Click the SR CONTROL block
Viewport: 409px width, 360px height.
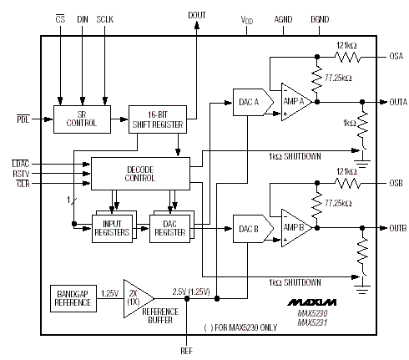click(x=82, y=119)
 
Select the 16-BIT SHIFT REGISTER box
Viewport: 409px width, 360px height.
click(x=158, y=119)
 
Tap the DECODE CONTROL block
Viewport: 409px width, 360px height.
click(x=140, y=174)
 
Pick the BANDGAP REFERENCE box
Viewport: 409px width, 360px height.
click(x=73, y=298)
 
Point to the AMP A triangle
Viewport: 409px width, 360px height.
click(x=296, y=102)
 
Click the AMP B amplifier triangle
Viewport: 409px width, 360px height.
click(x=296, y=228)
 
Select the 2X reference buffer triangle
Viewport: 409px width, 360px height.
click(x=139, y=298)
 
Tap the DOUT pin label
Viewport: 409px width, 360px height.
click(x=197, y=15)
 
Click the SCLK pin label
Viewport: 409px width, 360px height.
click(x=105, y=19)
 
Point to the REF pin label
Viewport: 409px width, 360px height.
click(x=186, y=351)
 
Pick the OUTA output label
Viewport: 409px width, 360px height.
click(x=398, y=102)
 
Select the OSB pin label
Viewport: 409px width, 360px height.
click(x=396, y=183)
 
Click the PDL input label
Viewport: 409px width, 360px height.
click(x=23, y=119)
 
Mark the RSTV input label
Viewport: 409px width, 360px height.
click(x=21, y=174)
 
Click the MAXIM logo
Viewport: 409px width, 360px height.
click(x=312, y=302)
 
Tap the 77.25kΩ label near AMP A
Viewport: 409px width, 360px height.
click(x=338, y=78)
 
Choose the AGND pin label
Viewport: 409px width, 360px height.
click(x=283, y=19)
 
